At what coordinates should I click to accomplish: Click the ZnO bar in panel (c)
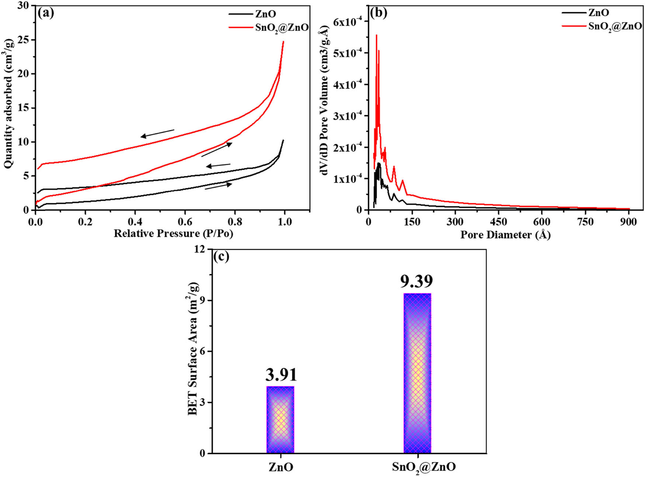click(280, 419)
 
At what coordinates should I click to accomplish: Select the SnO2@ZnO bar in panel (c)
click(417, 373)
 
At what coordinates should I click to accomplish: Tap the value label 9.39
click(416, 281)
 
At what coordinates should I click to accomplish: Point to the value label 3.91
click(281, 375)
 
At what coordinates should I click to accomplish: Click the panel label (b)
click(379, 13)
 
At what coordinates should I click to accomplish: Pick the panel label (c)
click(221, 256)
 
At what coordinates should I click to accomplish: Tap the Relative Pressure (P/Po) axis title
click(173, 234)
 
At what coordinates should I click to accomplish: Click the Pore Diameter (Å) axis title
click(505, 235)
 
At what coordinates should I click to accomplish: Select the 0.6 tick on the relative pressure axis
click(185, 222)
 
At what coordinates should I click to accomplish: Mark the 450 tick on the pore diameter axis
click(498, 222)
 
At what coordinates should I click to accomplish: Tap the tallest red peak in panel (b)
click(376, 35)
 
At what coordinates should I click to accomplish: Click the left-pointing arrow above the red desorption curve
click(157, 133)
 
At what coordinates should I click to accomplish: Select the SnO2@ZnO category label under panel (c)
click(424, 467)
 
